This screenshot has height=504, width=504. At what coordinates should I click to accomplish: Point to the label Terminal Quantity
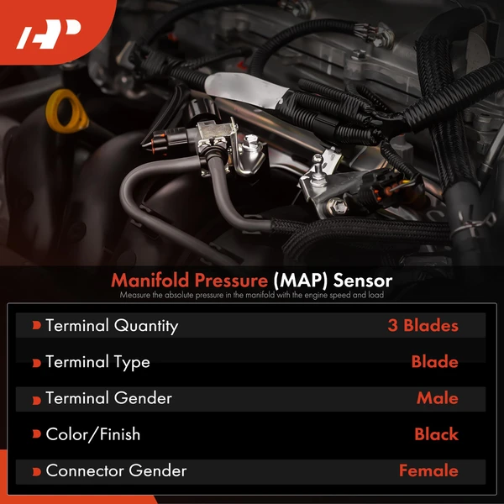[112, 325]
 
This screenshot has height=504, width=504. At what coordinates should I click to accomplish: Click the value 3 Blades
[423, 325]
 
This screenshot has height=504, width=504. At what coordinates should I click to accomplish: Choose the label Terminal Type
[97, 362]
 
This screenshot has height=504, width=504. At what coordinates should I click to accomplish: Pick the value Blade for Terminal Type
[434, 362]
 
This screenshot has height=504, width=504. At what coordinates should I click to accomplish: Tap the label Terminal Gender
[108, 398]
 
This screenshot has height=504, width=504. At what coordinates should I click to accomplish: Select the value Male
[437, 398]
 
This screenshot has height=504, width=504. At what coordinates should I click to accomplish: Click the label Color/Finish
[92, 434]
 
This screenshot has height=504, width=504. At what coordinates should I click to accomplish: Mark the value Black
[436, 434]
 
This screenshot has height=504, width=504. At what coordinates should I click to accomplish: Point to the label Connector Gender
[116, 470]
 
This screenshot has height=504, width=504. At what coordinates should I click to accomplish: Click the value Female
[428, 470]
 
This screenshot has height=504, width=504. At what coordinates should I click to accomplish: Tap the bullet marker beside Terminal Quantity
[36, 326]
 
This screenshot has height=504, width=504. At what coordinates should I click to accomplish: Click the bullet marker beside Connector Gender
[36, 471]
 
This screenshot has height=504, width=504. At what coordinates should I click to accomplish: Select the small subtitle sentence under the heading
[251, 295]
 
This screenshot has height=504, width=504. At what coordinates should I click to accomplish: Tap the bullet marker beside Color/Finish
[36, 435]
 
